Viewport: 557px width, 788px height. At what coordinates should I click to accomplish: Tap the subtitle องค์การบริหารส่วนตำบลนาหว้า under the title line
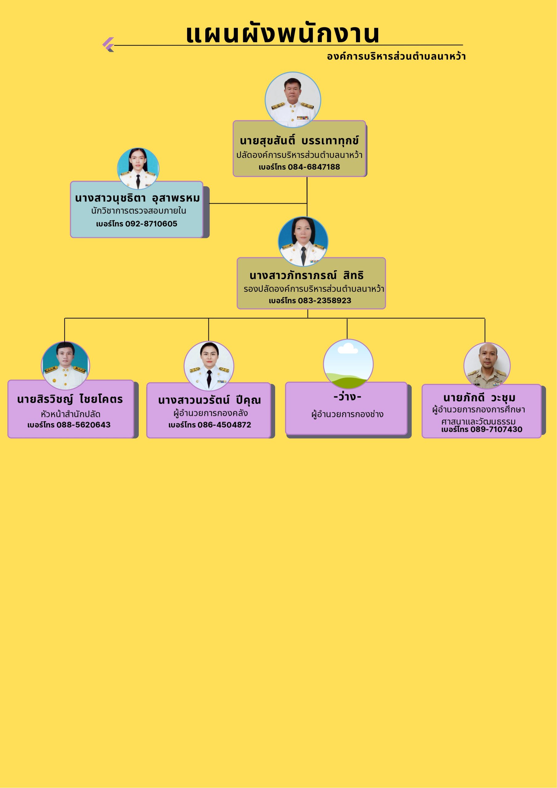[396, 57]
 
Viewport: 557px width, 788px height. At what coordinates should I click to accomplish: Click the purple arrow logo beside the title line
[108, 44]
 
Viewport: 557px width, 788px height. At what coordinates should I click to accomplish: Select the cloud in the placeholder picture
[348, 349]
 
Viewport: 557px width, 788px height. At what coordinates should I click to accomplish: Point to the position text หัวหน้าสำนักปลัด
[70, 414]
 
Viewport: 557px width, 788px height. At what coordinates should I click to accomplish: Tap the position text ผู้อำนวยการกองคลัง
[210, 413]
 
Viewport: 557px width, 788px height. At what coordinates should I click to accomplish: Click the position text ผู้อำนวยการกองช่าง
[347, 414]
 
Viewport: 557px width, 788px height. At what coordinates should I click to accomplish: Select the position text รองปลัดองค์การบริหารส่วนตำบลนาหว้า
[314, 289]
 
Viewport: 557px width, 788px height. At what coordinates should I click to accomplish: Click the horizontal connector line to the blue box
[257, 203]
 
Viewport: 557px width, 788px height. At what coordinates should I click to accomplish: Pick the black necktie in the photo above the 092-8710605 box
[138, 181]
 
